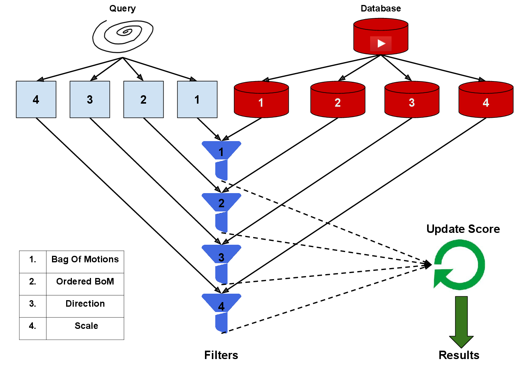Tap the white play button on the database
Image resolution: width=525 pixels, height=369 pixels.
(381, 44)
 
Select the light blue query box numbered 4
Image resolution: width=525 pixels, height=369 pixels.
(36, 99)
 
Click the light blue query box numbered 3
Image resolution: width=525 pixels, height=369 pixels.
(90, 99)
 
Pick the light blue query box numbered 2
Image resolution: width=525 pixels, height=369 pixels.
(143, 99)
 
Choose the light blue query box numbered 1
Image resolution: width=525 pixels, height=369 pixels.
(197, 99)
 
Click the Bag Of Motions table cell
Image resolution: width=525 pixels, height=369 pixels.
(85, 260)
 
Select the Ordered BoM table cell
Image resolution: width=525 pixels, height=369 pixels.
(85, 282)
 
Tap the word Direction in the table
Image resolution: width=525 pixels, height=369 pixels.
(85, 304)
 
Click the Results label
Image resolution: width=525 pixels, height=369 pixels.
(459, 355)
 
